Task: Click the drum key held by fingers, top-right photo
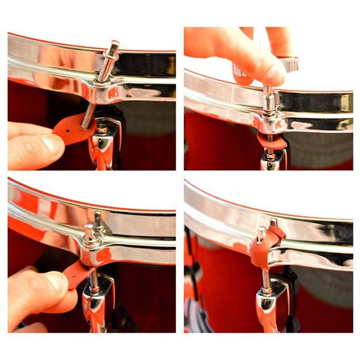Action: point(287,64)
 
